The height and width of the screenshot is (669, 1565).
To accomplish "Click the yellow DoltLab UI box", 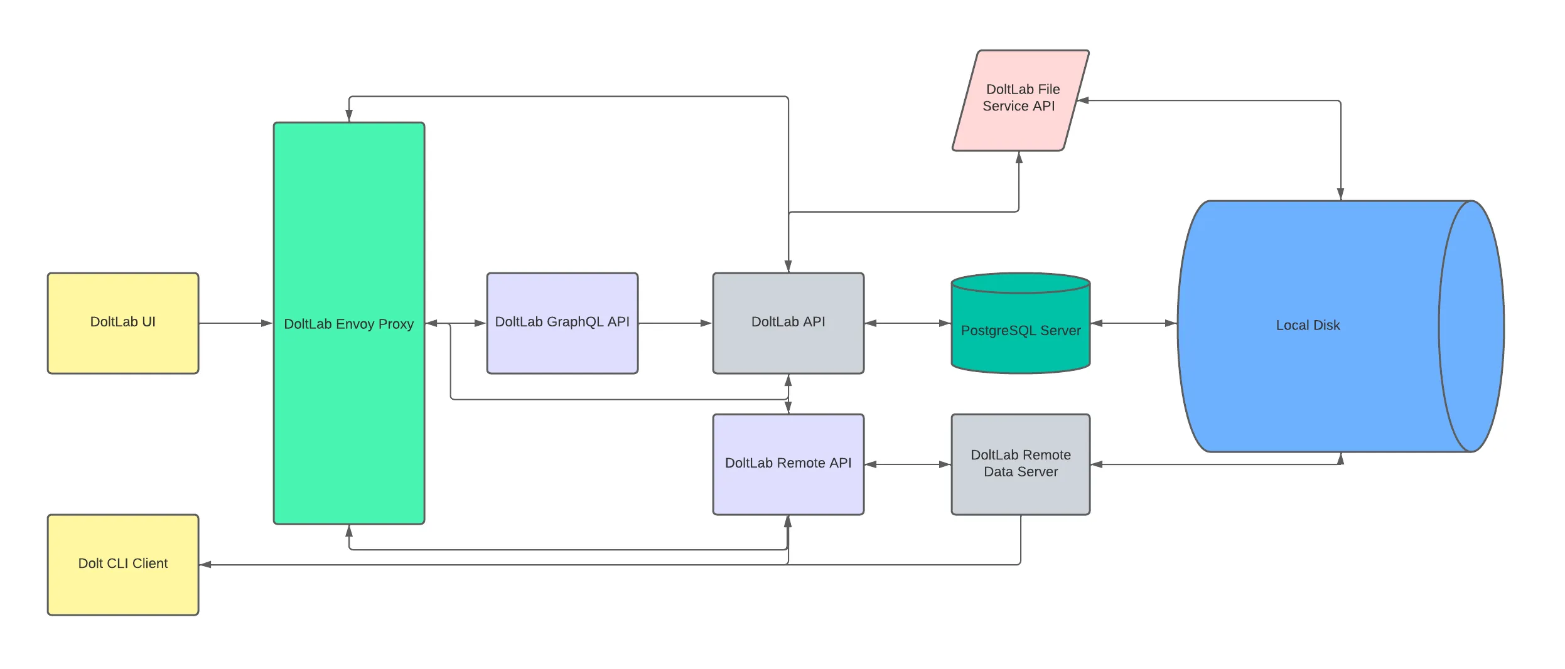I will [123, 323].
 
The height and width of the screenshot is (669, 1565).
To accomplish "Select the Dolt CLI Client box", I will [123, 564].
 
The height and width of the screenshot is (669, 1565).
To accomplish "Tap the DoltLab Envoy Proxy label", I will [348, 324].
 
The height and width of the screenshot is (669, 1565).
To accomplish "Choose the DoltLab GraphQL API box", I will [562, 323].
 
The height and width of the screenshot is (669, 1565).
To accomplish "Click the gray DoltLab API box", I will [788, 323].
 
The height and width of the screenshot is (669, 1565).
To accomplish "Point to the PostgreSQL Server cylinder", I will [1020, 329].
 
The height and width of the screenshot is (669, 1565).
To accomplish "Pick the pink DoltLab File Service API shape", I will [1020, 100].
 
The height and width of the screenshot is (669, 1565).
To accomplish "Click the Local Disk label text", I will [1308, 325].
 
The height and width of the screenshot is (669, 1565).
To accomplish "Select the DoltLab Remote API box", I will [788, 464].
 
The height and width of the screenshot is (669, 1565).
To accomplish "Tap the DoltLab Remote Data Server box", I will [1020, 464].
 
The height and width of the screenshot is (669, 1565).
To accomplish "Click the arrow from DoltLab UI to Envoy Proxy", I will [235, 323].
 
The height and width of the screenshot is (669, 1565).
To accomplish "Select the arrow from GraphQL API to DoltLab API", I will [675, 323].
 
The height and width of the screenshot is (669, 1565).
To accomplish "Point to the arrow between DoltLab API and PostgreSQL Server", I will [907, 323].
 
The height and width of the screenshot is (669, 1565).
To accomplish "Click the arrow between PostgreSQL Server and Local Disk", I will [1133, 323].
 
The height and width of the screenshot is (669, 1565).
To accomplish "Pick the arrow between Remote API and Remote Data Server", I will [907, 464].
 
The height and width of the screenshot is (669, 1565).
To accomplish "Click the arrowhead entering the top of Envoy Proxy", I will [349, 116].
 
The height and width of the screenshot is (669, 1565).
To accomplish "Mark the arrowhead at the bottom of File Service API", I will [1019, 158].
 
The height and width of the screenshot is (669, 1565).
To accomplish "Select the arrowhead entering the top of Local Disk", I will [1340, 194].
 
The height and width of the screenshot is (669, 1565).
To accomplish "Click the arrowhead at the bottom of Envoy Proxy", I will [349, 531].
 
